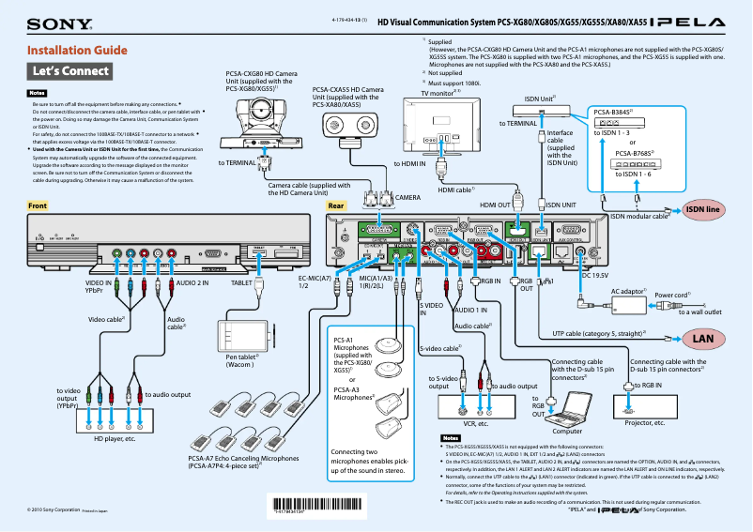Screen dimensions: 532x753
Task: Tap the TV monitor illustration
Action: [x=439, y=128]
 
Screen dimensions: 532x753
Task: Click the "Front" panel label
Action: [x=38, y=205]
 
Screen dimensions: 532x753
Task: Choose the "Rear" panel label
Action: [x=335, y=205]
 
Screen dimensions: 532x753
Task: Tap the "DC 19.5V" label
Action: [x=598, y=275]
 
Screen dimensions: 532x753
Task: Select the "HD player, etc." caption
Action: [x=115, y=438]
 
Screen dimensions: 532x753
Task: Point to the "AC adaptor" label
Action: [x=630, y=291]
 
